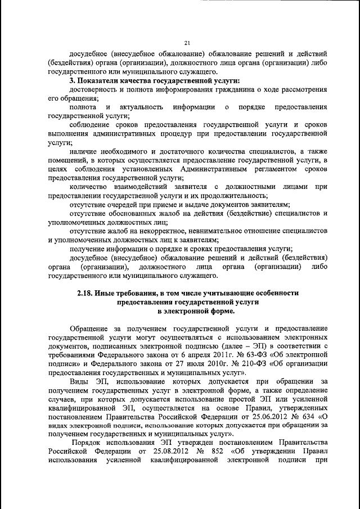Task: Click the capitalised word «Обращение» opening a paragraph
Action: click(92, 328)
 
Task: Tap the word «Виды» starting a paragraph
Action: click(79, 382)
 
